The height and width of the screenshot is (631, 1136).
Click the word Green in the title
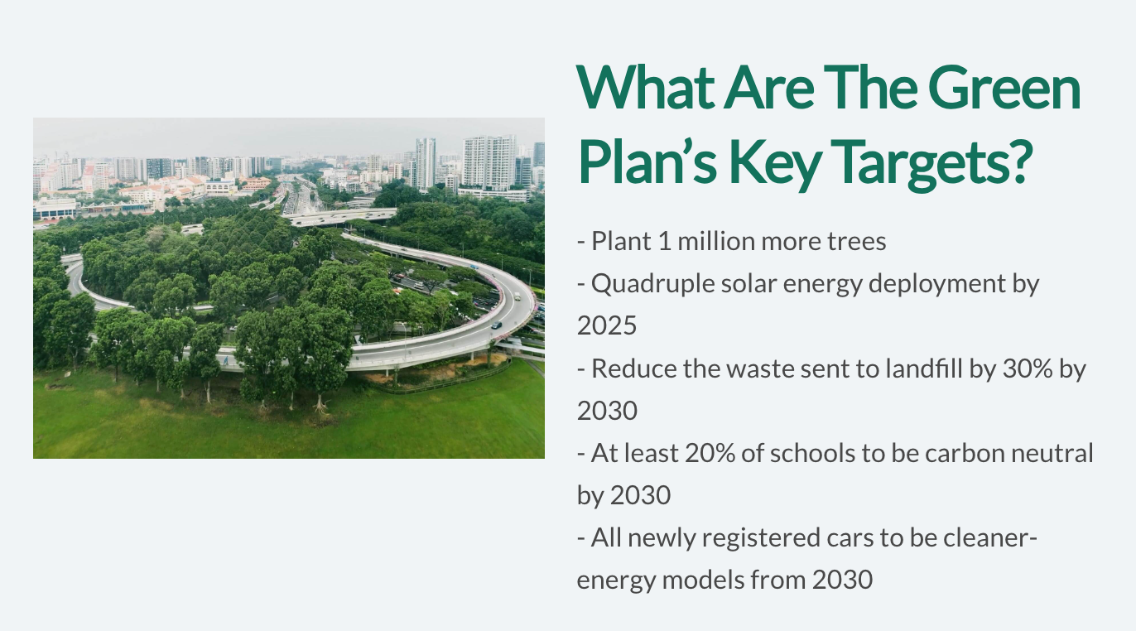1004,87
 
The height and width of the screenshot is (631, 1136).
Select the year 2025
607,325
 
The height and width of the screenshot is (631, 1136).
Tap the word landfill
924,368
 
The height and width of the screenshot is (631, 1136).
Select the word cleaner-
990,537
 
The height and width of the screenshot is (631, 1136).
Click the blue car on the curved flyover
474,267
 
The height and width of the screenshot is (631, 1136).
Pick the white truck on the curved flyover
517,296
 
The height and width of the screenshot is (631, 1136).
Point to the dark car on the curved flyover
497,325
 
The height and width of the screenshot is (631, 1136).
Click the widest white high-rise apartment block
489,162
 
